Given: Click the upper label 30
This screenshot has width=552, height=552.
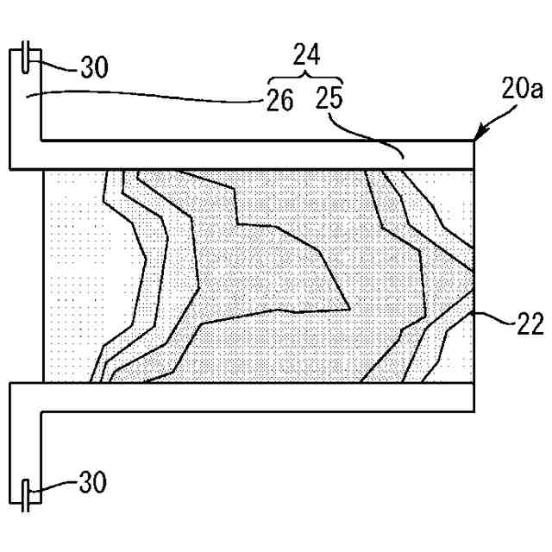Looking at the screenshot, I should point(94,66).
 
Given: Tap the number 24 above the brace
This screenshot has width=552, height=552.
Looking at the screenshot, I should point(306,56).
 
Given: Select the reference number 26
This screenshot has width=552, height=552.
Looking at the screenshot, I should point(279,101).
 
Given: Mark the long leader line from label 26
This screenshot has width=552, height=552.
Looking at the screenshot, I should point(147,99).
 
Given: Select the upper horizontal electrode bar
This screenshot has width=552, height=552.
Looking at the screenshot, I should point(259,155).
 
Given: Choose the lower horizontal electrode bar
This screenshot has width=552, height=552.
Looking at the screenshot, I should point(259,396).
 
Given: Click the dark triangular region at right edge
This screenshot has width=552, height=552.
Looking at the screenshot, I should point(464,280).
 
